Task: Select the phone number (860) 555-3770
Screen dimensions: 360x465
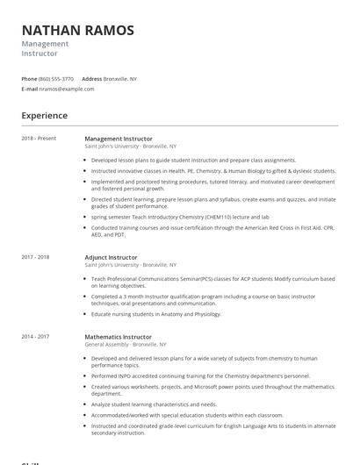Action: [57, 79]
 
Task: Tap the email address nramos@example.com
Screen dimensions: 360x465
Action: [67, 89]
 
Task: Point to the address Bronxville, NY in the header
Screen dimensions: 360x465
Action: [120, 79]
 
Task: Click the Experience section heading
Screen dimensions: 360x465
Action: [44, 116]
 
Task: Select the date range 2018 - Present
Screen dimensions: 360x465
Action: [39, 139]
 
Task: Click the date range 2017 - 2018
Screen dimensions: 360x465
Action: [35, 257]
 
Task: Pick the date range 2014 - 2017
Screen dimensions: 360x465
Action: [35, 336]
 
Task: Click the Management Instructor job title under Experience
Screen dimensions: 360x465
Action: [119, 139]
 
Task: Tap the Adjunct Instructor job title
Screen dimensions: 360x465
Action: [111, 257]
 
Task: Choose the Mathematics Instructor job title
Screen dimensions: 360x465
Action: [119, 336]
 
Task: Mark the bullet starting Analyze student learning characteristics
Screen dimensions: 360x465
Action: [154, 404]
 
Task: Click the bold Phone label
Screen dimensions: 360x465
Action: [29, 79]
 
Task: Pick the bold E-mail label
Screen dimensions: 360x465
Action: [30, 89]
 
